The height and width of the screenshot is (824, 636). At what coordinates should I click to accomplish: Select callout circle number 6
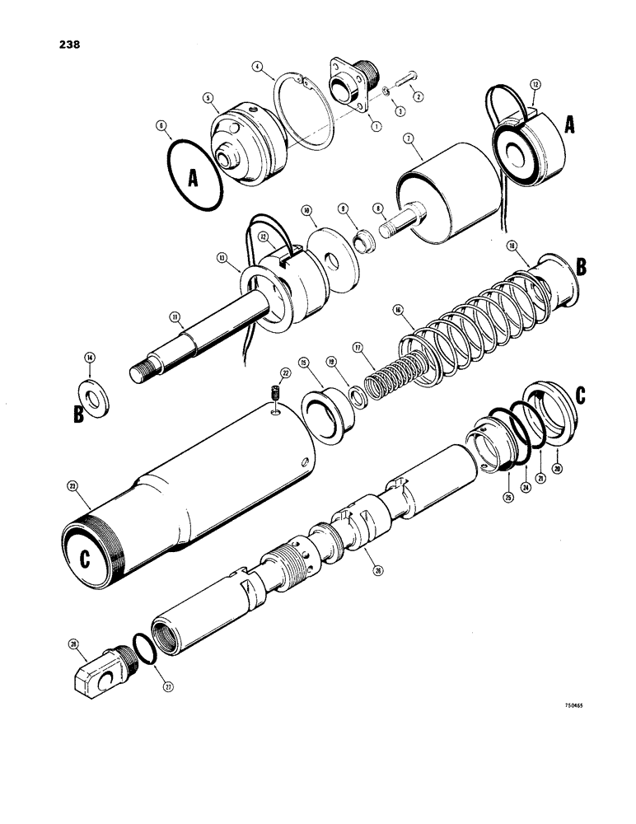click(x=161, y=126)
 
